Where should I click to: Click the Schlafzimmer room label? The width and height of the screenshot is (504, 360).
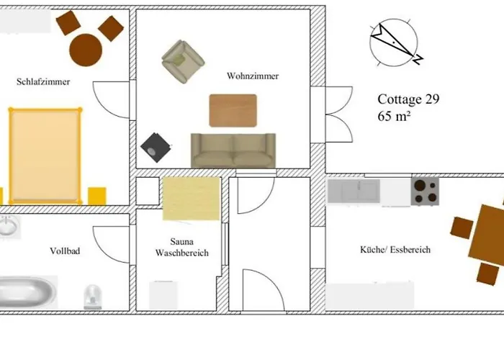click(x=43, y=81)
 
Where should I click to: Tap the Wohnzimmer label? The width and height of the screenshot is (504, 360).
click(x=253, y=76)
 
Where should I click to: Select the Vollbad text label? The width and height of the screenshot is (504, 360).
click(x=65, y=251)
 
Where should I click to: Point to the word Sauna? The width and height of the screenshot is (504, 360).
click(x=182, y=241)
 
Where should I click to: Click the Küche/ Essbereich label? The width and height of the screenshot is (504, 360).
click(x=395, y=250)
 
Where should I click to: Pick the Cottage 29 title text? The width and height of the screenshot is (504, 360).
click(x=408, y=99)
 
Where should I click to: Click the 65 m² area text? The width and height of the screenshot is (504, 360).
click(x=394, y=116)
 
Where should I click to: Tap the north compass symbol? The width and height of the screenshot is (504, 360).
click(x=395, y=42)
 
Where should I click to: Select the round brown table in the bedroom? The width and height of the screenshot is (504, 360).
click(x=86, y=50)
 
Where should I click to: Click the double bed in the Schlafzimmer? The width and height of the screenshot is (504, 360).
click(x=45, y=156)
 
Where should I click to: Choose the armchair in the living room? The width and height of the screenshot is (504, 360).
click(x=183, y=61)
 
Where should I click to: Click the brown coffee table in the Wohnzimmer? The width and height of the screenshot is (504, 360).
click(x=233, y=110)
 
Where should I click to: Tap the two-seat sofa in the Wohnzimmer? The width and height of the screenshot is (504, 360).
click(x=233, y=150)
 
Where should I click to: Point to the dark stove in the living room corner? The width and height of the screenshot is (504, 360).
click(x=156, y=148)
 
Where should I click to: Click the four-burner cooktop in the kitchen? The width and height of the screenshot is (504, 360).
click(x=425, y=192)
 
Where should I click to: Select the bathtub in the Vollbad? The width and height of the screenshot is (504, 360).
click(x=27, y=292)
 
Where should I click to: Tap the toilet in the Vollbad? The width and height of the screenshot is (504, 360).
click(x=93, y=297)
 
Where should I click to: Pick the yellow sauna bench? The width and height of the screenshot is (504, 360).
click(x=192, y=199)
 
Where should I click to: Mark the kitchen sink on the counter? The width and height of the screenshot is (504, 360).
click(x=354, y=191)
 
